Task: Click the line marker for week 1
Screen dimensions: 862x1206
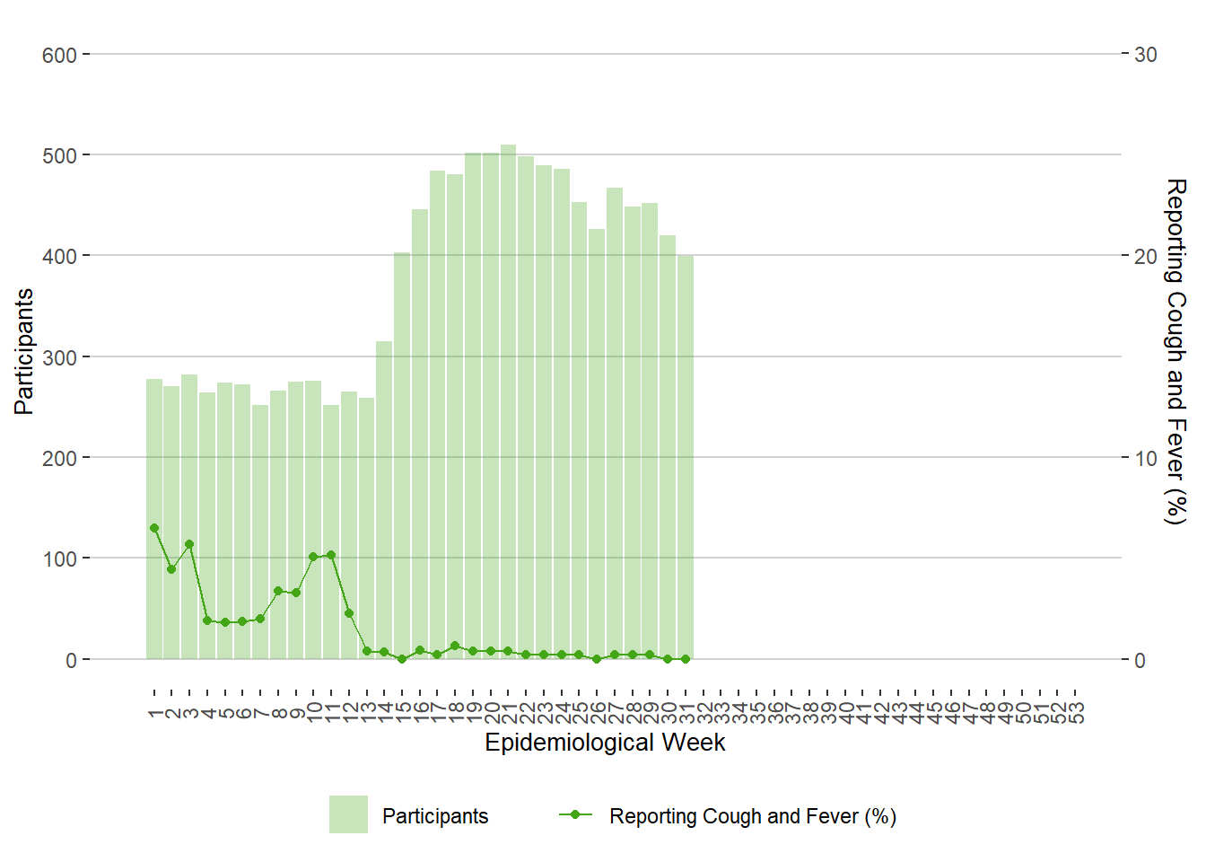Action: pos(154,528)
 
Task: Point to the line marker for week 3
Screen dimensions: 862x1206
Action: pos(189,544)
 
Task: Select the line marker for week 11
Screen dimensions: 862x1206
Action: pos(331,555)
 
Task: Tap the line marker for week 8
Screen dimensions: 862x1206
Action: pos(278,591)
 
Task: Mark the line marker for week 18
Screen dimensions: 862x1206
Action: pos(455,646)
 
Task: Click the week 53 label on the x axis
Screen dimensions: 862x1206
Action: pos(1077,712)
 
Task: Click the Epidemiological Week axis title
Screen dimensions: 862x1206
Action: pos(605,743)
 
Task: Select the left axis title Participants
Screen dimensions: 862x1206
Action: pos(24,351)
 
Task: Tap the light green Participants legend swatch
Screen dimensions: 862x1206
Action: pos(348,814)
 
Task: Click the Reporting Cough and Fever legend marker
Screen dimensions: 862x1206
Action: pos(575,814)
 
